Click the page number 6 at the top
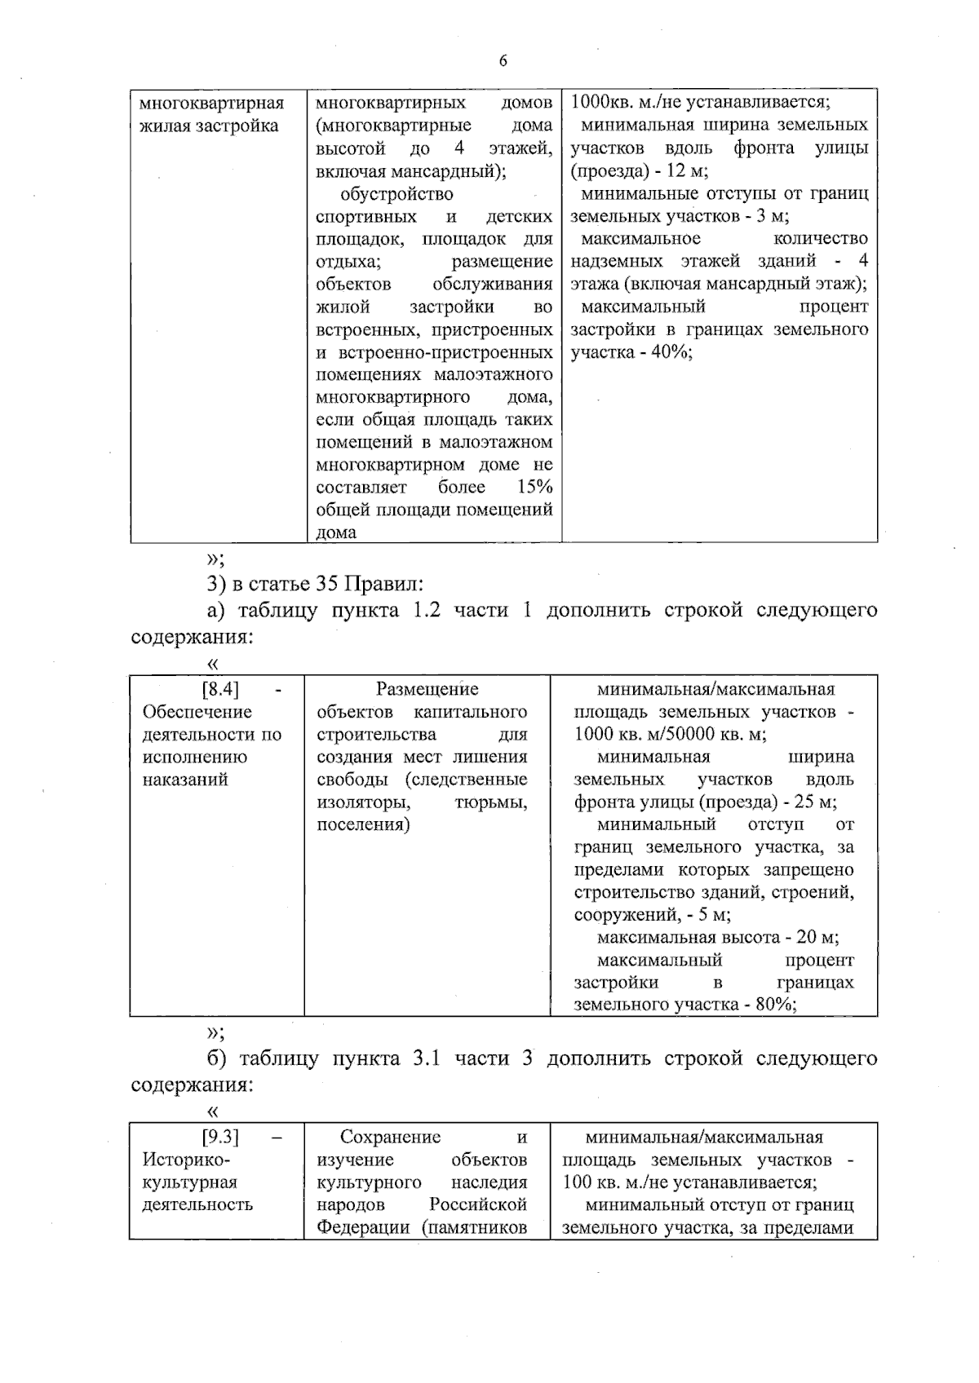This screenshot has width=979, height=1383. (503, 61)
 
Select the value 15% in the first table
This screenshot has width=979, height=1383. (534, 487)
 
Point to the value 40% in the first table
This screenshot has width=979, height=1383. (670, 352)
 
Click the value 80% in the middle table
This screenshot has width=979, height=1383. (775, 1004)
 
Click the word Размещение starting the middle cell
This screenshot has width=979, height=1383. (427, 689)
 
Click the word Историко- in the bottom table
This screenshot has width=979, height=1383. (187, 1160)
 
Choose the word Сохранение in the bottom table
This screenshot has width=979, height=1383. (390, 1137)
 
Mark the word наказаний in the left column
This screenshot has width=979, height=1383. (185, 780)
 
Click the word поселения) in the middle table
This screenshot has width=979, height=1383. (363, 824)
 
